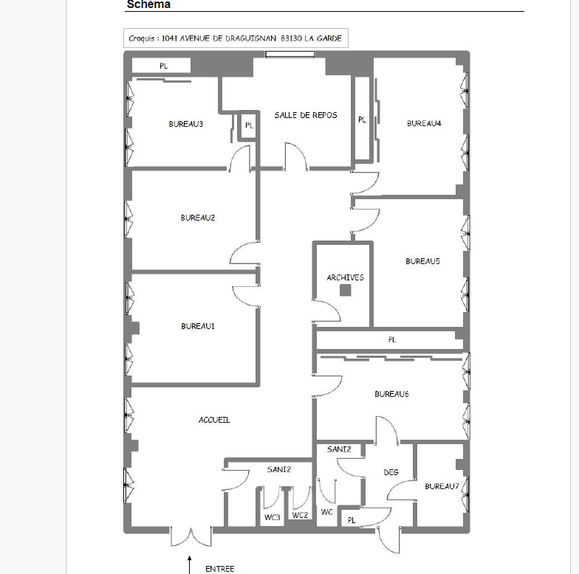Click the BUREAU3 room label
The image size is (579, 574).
[x=186, y=124]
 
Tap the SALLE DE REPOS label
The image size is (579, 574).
[x=306, y=115]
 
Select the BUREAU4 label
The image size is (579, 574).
[x=424, y=123]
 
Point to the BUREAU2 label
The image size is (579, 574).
[x=198, y=218]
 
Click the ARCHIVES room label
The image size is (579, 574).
[x=346, y=277]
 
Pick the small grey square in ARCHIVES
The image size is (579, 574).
[x=346, y=291]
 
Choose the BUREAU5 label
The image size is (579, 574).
[x=422, y=261]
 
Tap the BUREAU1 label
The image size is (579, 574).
[x=198, y=326]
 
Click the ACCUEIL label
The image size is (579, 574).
[x=214, y=420]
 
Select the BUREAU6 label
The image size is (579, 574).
[x=391, y=394]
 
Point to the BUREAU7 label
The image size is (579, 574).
[x=442, y=486]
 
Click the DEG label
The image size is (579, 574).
[x=391, y=472]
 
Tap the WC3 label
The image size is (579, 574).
[x=272, y=518]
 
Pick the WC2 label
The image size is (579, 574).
[x=300, y=515]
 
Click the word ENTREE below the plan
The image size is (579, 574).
[x=220, y=569]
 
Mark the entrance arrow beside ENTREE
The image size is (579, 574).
[x=189, y=565]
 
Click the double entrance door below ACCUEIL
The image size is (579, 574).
[x=191, y=537]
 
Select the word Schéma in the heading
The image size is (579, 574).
[x=148, y=4]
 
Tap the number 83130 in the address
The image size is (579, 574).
[x=291, y=38]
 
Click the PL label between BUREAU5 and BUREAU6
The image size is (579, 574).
[x=392, y=339]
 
